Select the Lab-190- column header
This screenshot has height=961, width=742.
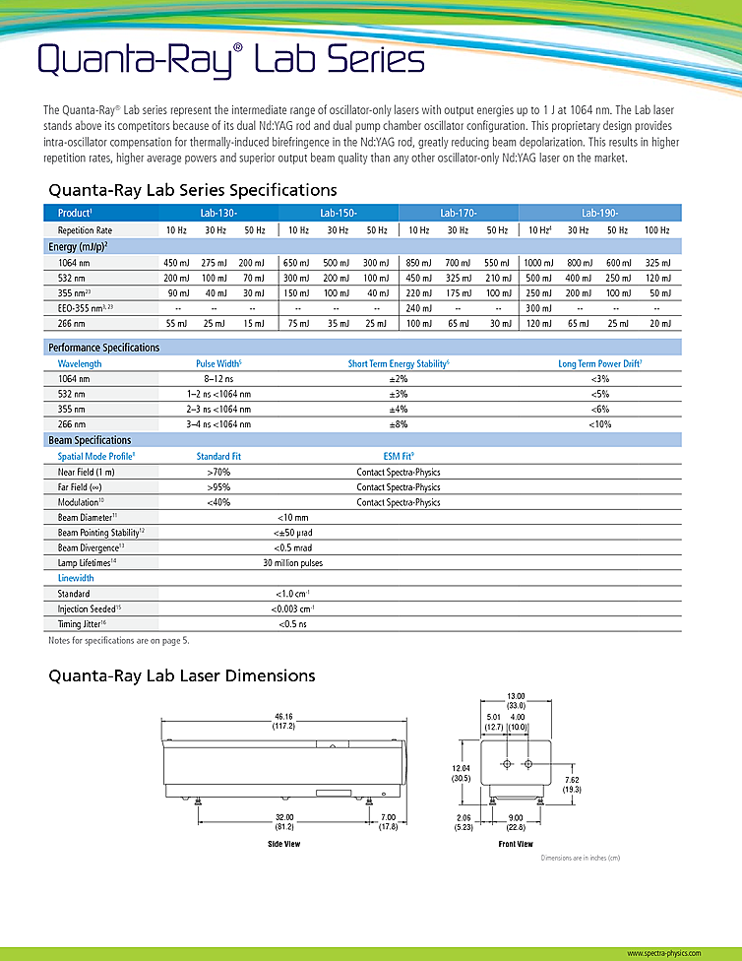(x=598, y=213)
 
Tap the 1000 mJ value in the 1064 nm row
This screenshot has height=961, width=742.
(x=538, y=263)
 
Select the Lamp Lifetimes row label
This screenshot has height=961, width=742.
(x=88, y=563)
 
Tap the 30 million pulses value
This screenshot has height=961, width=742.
(x=292, y=563)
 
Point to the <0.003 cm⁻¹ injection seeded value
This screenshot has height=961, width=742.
(x=292, y=609)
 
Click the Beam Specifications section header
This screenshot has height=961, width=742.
(x=90, y=440)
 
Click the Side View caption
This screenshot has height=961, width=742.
(x=284, y=845)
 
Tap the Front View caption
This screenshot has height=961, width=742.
(x=516, y=845)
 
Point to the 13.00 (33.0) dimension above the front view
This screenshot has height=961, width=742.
(x=516, y=700)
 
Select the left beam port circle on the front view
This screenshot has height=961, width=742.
(x=506, y=765)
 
